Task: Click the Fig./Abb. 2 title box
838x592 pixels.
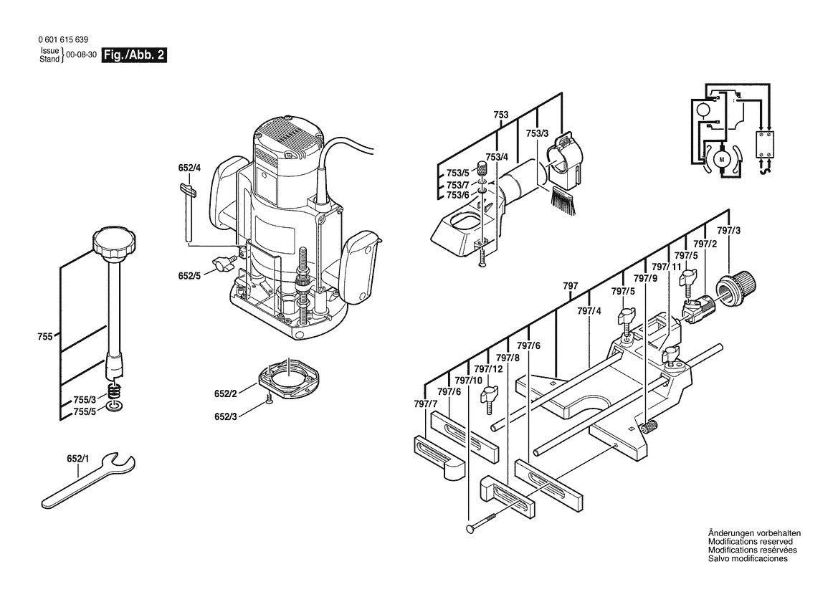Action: click(x=135, y=55)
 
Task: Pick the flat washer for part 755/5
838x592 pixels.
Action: click(x=113, y=407)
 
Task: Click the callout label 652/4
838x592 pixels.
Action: click(x=190, y=168)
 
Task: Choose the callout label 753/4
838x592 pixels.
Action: click(x=497, y=157)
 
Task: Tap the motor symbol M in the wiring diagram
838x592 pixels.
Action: click(x=722, y=158)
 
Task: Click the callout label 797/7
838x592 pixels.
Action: click(x=425, y=405)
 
